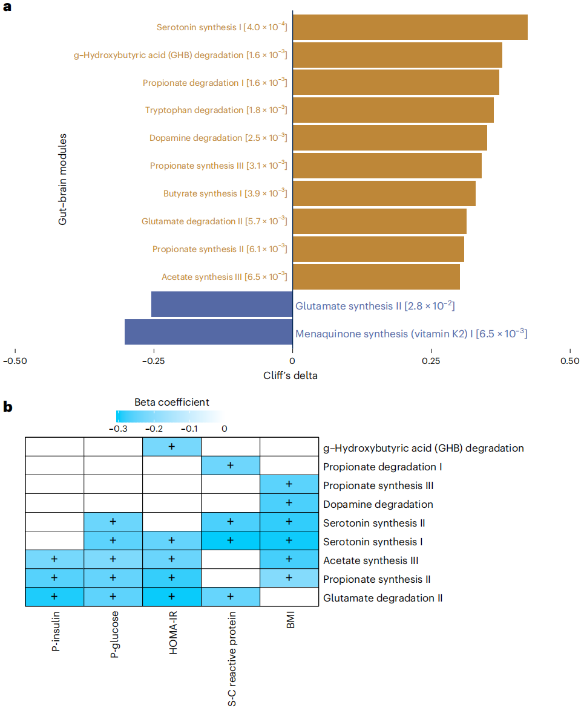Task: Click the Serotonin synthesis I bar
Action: coord(410,27)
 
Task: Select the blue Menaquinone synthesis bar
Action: coord(209,332)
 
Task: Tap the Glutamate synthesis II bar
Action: coord(222,304)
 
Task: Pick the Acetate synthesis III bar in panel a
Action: coord(376,277)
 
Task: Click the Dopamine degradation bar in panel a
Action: coord(390,138)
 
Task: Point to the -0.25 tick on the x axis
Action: coord(154,351)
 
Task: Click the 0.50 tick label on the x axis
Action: coord(570,361)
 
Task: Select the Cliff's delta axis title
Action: coord(290,375)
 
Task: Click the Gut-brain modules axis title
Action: coord(62,180)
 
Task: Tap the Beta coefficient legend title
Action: coord(172,402)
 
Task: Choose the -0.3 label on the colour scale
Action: coord(118,429)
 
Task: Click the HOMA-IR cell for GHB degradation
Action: coord(172,447)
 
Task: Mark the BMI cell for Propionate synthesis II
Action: coord(289,578)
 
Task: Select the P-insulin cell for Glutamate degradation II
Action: coord(54,597)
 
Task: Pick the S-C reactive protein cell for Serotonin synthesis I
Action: coord(230,540)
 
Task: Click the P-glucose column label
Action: coord(114,634)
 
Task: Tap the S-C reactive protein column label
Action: coord(232,658)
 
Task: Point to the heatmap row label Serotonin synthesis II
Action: coord(374,523)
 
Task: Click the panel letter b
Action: coord(8,406)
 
